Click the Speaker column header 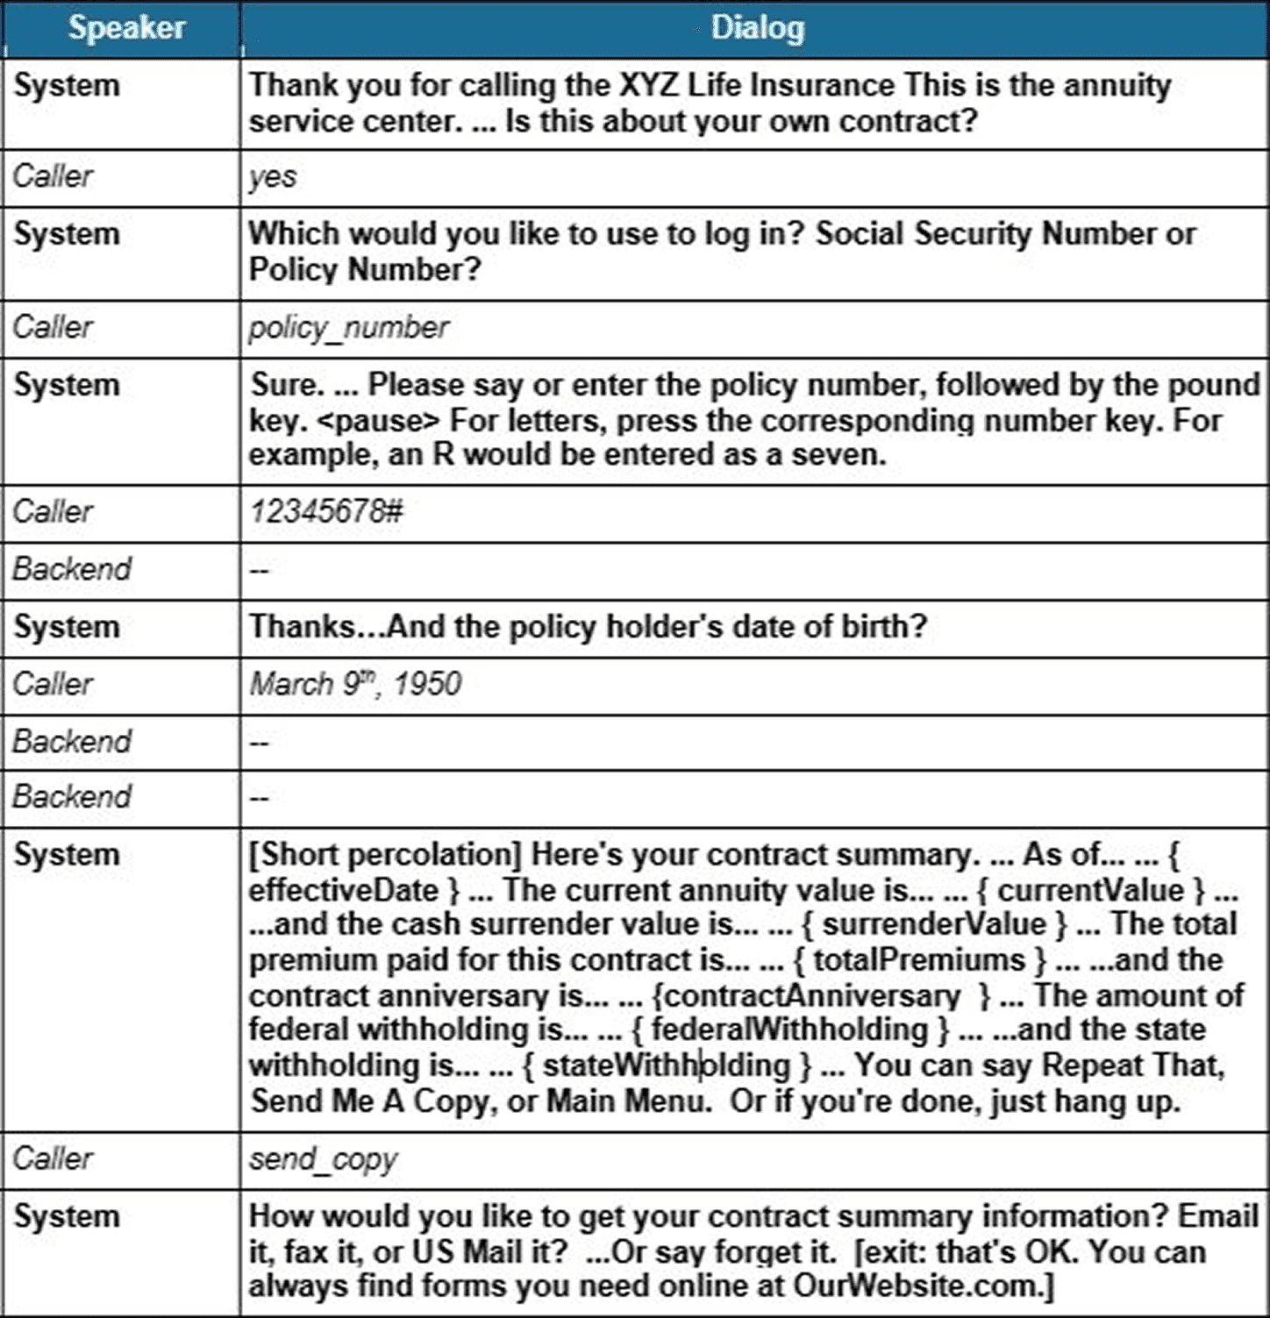click(127, 28)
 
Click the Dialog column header click(757, 28)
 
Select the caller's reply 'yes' click(273, 177)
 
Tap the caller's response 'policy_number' click(348, 328)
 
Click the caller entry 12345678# click(326, 511)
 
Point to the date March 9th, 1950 click(355, 684)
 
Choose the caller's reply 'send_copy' click(323, 1159)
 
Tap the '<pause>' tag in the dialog click(377, 421)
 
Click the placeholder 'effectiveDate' click(343, 890)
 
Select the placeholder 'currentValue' click(1090, 890)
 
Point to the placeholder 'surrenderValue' click(934, 924)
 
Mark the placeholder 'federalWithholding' click(789, 1029)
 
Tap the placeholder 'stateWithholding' click(667, 1065)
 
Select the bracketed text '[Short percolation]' click(386, 855)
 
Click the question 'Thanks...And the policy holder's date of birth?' click(588, 627)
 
